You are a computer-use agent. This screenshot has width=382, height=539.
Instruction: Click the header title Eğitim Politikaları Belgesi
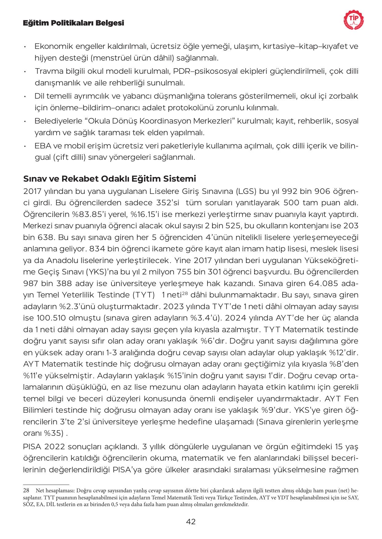coord(74,23)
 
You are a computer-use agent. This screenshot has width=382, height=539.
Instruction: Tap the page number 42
coord(191,521)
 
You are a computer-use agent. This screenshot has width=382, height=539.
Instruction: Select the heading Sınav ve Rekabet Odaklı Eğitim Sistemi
coord(110,179)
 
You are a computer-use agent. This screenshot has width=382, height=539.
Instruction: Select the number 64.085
coord(330,283)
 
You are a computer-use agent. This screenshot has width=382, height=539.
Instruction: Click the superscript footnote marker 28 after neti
coord(185,293)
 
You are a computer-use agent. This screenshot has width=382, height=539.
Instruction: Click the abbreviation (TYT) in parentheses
coord(143,295)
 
